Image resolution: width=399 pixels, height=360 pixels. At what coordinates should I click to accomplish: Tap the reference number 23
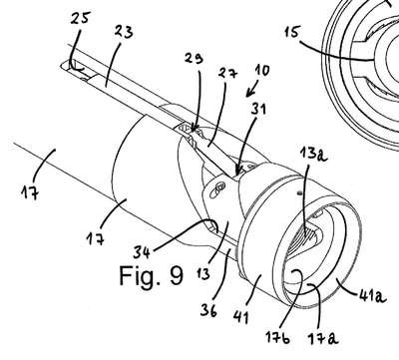point(124,32)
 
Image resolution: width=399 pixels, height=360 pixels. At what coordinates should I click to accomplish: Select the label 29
point(195,59)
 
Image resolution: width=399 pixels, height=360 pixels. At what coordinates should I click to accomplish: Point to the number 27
point(228,73)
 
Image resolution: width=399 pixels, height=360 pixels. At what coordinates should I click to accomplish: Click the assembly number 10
point(263,70)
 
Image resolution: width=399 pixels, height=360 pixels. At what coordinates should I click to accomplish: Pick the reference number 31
point(257,109)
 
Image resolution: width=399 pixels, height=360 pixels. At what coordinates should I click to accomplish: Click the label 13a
point(313,155)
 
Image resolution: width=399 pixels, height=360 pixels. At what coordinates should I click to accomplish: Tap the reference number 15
point(291,33)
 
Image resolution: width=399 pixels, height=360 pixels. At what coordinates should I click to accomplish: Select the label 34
point(142,252)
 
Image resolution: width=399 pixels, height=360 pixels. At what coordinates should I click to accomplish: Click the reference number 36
point(208,310)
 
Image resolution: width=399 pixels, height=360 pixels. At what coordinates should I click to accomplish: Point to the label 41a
point(372,295)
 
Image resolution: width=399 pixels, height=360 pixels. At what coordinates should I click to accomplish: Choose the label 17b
point(277,338)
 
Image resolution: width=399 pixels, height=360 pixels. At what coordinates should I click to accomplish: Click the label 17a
point(322,338)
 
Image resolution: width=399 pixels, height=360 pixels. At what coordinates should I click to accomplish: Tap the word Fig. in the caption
point(140,275)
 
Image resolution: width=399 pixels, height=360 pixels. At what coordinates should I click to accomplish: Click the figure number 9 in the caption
point(176,276)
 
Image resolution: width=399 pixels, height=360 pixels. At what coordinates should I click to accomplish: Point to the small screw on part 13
point(219,189)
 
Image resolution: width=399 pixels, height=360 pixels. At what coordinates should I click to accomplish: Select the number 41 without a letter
point(241,317)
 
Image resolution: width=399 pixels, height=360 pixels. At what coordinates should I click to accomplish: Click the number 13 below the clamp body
point(203,273)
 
